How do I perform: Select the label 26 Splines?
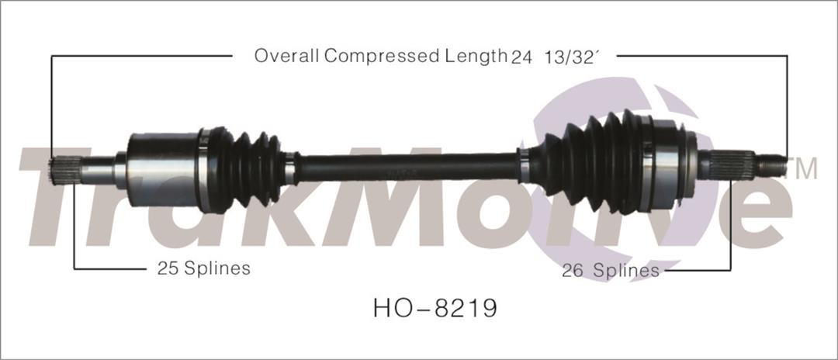[x=611, y=270]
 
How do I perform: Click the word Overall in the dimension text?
[x=286, y=56]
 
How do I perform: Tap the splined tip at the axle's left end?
[x=68, y=169]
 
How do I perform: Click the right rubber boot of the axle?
[x=590, y=161]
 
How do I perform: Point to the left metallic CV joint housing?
[x=161, y=168]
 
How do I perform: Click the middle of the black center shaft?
[x=407, y=166]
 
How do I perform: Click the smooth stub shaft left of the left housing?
[x=99, y=170]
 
